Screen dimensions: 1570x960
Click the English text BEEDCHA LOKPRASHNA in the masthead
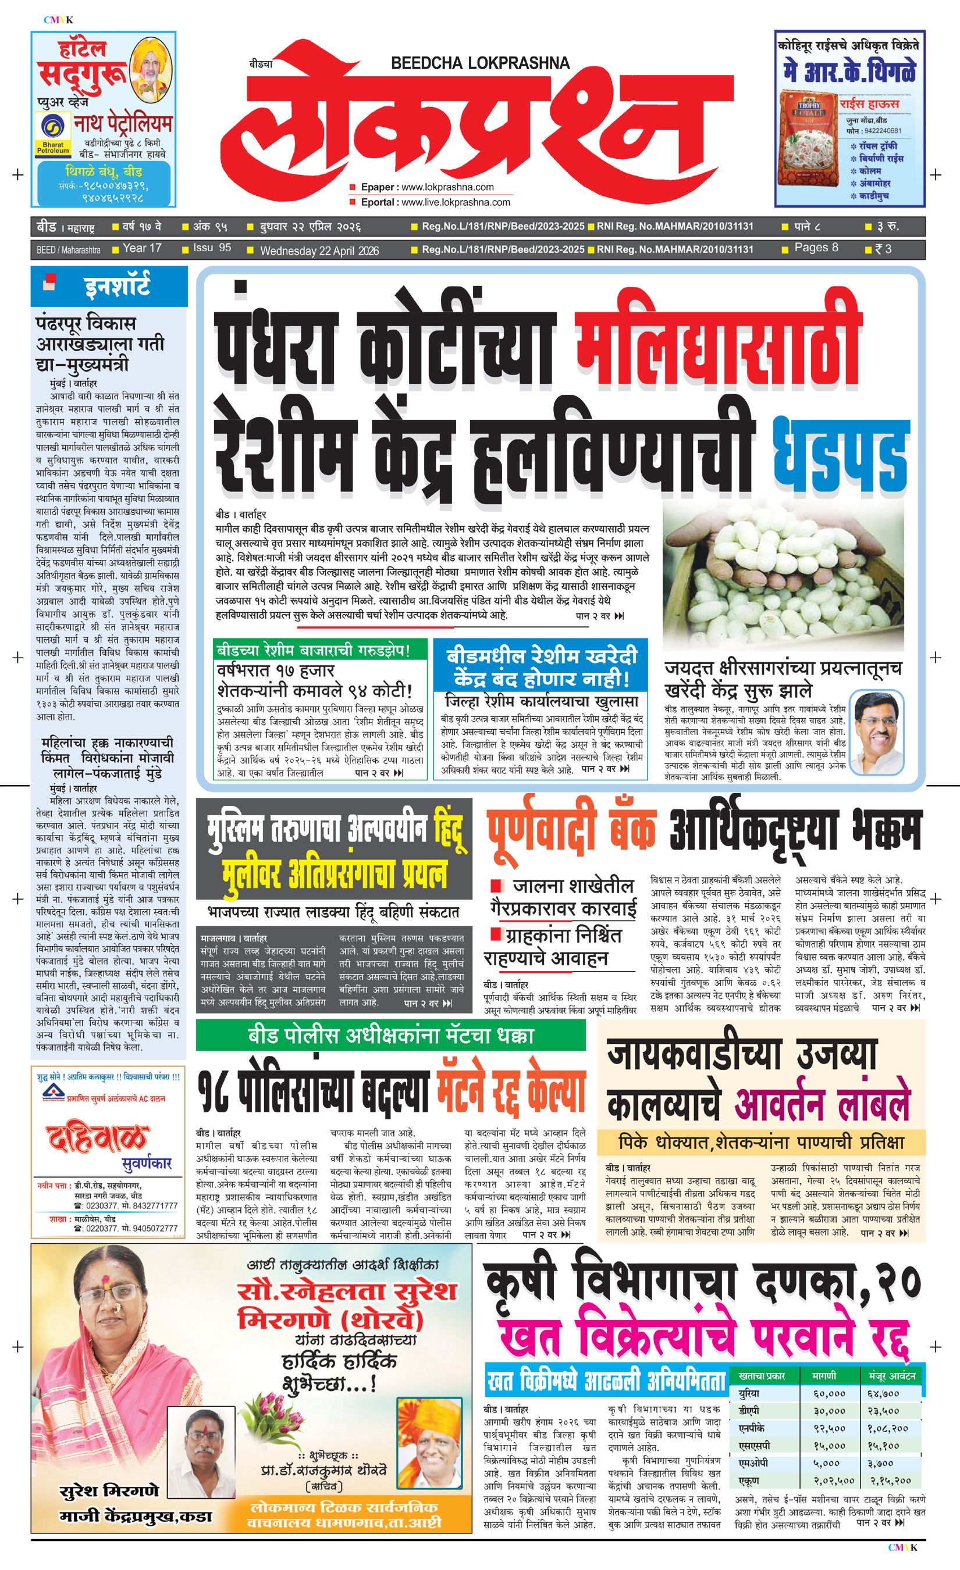[480, 62]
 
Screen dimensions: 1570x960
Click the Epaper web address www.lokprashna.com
[447, 187]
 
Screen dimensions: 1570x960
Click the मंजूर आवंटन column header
[892, 1376]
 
